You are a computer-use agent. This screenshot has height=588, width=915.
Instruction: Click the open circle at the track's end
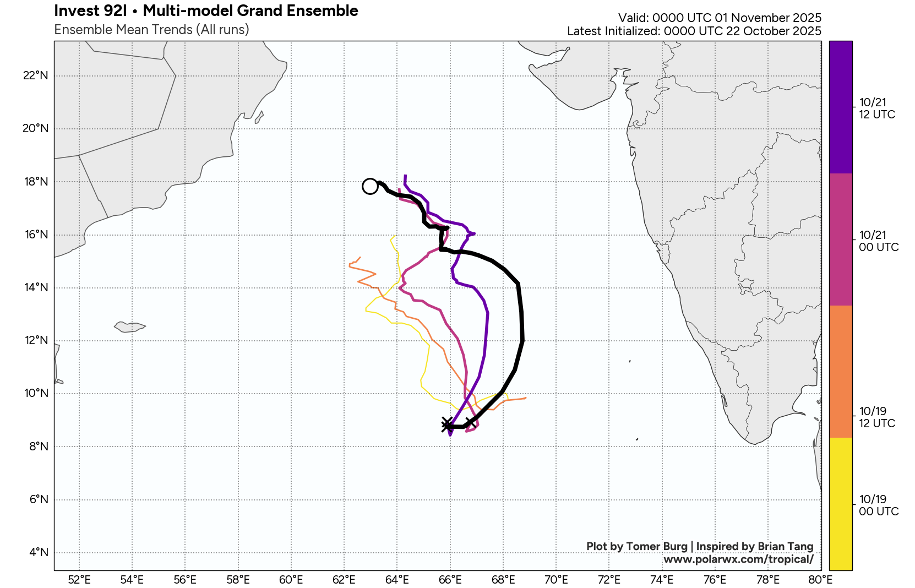[370, 187]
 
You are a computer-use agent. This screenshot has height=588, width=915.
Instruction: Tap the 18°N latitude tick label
[36, 182]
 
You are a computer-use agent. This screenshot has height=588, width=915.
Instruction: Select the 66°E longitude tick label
[450, 579]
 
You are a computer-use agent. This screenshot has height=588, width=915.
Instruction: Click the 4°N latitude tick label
[39, 552]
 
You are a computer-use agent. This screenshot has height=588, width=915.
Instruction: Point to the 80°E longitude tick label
[820, 579]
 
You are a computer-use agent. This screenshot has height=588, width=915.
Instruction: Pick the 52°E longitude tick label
[79, 579]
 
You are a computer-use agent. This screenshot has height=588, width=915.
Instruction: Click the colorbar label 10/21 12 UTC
[877, 108]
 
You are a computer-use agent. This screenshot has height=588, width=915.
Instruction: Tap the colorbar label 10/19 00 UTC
[879, 505]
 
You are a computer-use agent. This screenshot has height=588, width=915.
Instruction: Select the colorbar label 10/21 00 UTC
[879, 241]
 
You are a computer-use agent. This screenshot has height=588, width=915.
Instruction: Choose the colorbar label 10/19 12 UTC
[877, 417]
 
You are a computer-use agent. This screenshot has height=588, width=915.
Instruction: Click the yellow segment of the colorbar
[841, 504]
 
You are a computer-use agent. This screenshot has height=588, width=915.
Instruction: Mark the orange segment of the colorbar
[841, 372]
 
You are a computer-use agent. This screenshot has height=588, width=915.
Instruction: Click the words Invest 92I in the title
[90, 11]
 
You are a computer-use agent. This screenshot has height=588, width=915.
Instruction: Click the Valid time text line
[720, 18]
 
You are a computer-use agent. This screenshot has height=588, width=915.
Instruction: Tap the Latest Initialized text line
[694, 31]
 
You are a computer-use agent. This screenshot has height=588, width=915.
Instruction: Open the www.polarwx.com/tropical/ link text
[738, 559]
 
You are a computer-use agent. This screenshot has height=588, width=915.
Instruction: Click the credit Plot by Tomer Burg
[636, 546]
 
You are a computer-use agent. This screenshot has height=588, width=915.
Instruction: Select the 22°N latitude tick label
[36, 75]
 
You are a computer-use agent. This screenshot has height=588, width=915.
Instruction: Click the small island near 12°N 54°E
[129, 327]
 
